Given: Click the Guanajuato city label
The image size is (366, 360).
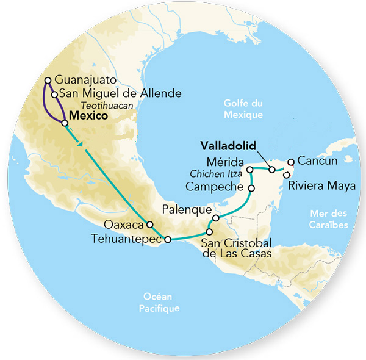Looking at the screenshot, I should click(x=84, y=80).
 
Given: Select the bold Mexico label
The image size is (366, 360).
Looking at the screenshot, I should click(x=89, y=115).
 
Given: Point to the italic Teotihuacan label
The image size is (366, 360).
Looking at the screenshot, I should click(x=112, y=105).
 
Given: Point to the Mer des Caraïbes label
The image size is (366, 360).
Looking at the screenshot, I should click(x=329, y=218).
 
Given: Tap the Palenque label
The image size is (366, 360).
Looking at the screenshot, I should click(x=183, y=209).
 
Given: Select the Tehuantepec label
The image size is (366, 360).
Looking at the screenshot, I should click(x=126, y=239).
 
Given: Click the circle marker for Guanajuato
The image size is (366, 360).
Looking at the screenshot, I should click(x=48, y=80).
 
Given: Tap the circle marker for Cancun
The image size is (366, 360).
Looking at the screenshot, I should click(x=292, y=162).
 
